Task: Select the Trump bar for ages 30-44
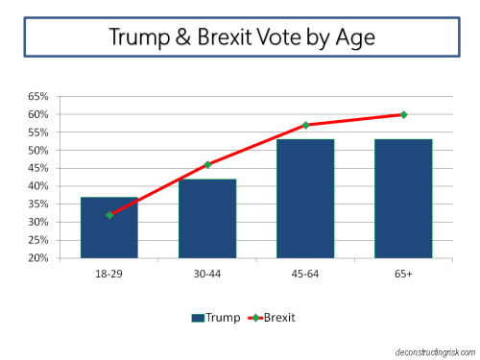207,219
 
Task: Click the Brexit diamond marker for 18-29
109,215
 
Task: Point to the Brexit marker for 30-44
207,165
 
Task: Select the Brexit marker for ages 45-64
305,125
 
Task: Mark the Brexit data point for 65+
403,114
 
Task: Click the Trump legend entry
216,316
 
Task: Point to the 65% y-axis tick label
38,97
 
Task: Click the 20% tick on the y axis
38,257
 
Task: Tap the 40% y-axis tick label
38,186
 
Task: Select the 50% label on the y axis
38,151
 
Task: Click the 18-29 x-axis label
108,273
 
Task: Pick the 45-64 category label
305,273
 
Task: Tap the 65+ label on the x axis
403,273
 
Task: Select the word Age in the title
348,38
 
